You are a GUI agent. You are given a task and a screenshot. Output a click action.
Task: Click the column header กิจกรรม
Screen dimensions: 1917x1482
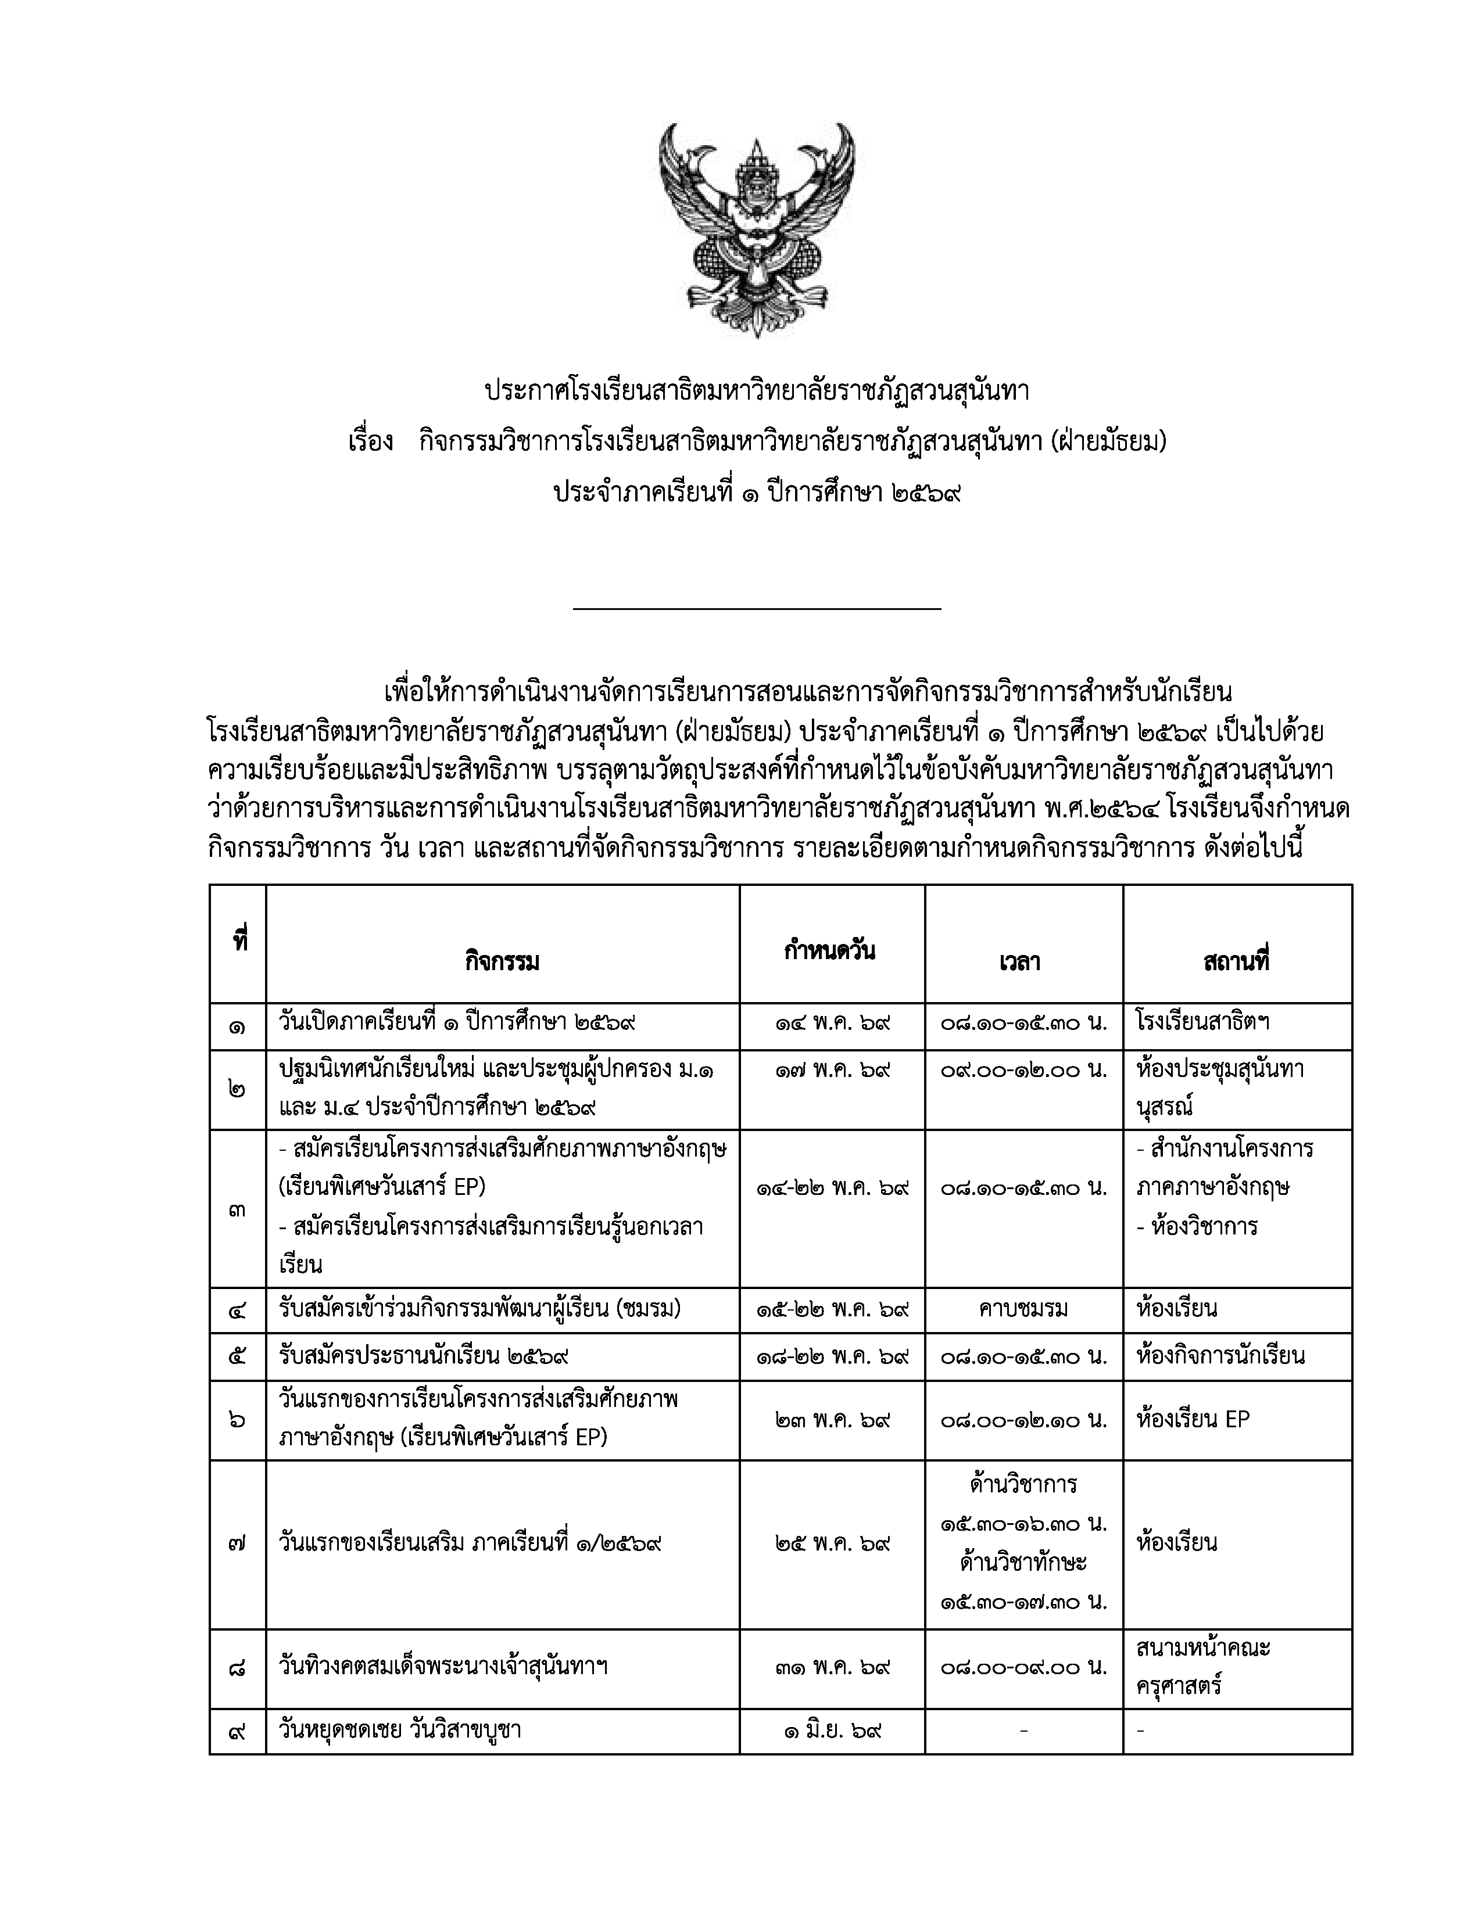tap(502, 962)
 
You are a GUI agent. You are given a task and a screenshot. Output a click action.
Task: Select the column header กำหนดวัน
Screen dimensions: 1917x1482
tap(830, 950)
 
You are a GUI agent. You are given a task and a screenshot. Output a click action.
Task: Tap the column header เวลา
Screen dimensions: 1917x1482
tap(1019, 962)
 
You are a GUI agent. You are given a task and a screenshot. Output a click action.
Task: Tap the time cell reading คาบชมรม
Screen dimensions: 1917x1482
tap(1023, 1309)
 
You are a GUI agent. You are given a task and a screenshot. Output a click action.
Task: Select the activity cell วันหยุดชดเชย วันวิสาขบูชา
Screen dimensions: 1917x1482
tap(400, 1731)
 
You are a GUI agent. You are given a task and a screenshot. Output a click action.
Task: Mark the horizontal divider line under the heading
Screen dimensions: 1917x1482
tap(756, 608)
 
